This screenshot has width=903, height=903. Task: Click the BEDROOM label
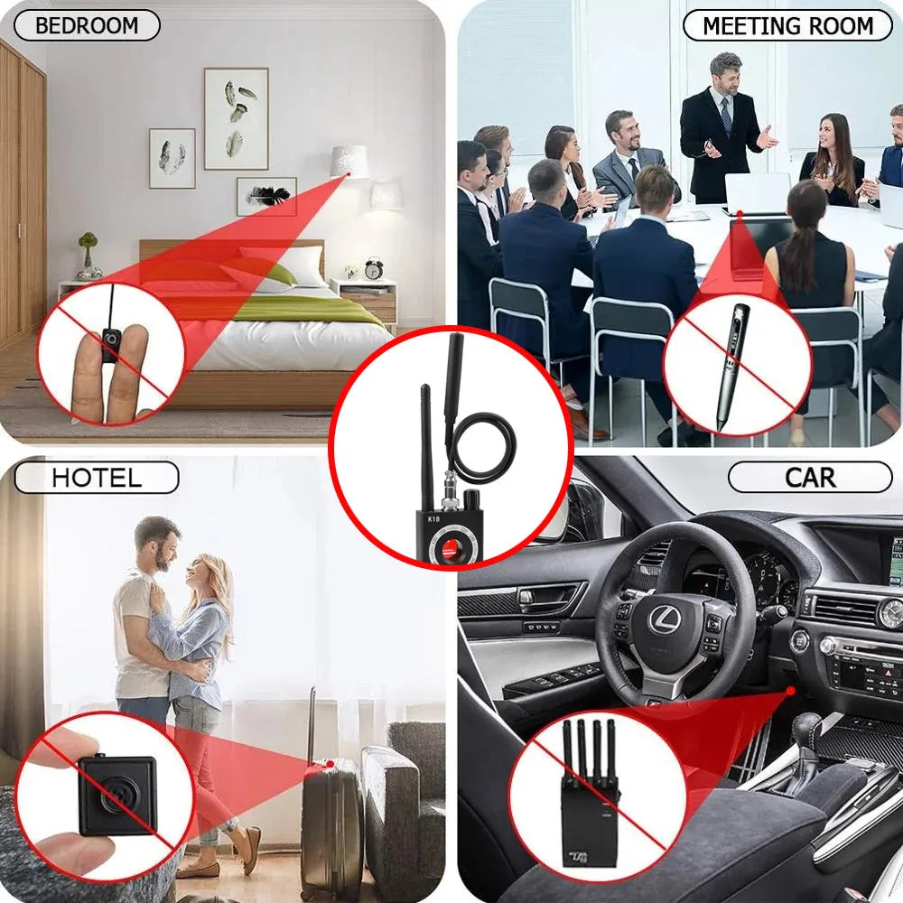click(x=87, y=25)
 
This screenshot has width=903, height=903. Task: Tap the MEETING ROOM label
click(x=787, y=25)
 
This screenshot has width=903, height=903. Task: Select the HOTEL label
click(x=96, y=477)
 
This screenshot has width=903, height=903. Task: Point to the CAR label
click(x=810, y=477)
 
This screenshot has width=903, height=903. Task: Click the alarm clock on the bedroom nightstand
click(x=374, y=268)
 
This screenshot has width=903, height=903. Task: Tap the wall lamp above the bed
click(x=349, y=162)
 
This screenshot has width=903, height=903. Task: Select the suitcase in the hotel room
click(x=331, y=826)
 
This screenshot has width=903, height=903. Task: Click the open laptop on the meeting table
click(x=757, y=194)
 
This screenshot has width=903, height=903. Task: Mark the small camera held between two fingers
click(x=111, y=343)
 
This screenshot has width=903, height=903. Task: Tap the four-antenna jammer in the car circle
click(x=588, y=796)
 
